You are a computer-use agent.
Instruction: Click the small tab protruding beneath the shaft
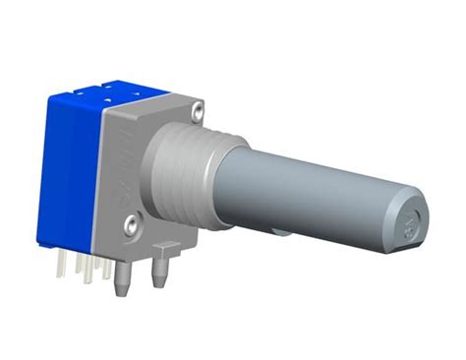click(281, 234)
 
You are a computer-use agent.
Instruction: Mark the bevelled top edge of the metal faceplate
click(157, 106)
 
